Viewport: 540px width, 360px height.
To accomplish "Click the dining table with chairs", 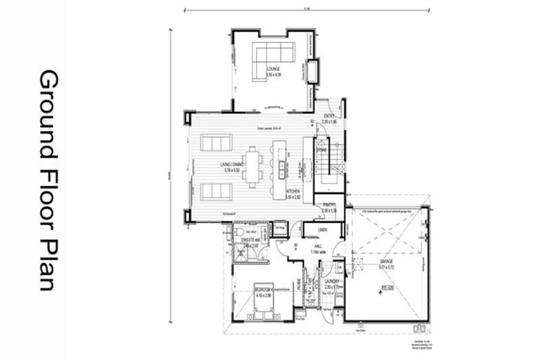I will click(252, 166).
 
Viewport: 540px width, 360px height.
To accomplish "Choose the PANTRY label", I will click(328, 206).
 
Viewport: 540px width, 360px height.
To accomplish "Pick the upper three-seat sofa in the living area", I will click(216, 143).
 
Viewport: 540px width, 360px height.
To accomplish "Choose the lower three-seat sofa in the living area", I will click(216, 191).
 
